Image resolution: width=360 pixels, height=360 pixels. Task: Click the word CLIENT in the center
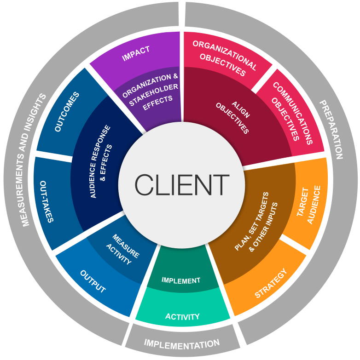pyautogui.click(x=182, y=184)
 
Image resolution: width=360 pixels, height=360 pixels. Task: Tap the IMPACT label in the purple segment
pyautogui.click(x=136, y=53)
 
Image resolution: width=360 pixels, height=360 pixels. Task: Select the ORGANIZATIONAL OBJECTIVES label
pyautogui.click(x=225, y=58)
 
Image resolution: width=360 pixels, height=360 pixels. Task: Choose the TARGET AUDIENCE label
pyautogui.click(x=308, y=205)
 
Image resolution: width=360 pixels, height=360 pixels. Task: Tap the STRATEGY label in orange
pyautogui.click(x=271, y=283)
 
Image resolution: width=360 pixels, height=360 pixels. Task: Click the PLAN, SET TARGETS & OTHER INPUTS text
pyautogui.click(x=256, y=222)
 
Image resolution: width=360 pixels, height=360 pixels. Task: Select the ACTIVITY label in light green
pyautogui.click(x=182, y=317)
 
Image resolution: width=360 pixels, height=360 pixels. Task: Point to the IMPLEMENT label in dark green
pyautogui.click(x=181, y=280)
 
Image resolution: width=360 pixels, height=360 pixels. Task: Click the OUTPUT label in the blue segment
pyautogui.click(x=93, y=281)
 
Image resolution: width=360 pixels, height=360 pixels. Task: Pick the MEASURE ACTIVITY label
pyautogui.click(x=122, y=249)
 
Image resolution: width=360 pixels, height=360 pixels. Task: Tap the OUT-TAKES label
pyautogui.click(x=47, y=201)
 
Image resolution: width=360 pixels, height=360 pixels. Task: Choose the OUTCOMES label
pyautogui.click(x=67, y=112)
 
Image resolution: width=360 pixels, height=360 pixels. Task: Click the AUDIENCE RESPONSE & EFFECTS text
pyautogui.click(x=101, y=162)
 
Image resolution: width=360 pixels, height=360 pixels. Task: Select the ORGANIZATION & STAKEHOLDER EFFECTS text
pyautogui.click(x=151, y=92)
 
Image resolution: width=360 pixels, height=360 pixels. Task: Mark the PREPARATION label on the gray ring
pyautogui.click(x=331, y=130)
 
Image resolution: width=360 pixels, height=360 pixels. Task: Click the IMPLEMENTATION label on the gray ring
pyautogui.click(x=182, y=344)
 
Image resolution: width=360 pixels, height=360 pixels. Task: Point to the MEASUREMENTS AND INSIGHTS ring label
pyautogui.click(x=34, y=160)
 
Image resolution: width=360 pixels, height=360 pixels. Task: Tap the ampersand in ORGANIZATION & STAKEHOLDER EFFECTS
pyautogui.click(x=175, y=76)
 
